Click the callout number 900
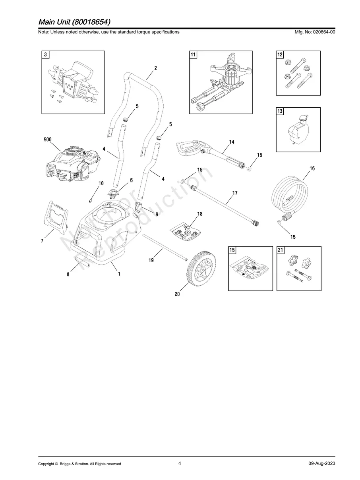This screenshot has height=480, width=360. coord(47,140)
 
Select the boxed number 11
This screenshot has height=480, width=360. coord(193,55)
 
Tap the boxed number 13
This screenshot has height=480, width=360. coord(280,111)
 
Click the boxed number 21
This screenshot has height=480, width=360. coord(280,250)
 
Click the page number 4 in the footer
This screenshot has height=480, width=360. coord(180,463)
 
